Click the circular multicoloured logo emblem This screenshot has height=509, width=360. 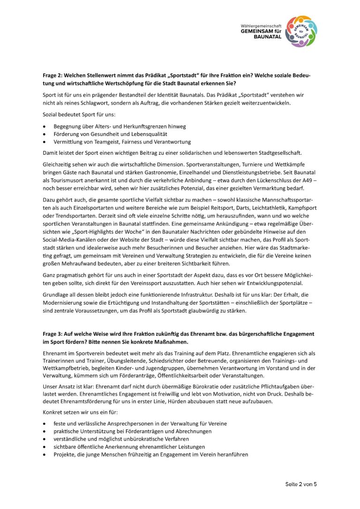(302, 31)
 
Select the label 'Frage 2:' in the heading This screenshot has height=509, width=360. (54, 75)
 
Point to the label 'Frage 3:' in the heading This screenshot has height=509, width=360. (54, 333)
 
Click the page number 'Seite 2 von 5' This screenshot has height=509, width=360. (301, 484)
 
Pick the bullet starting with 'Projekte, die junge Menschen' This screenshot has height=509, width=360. (150, 454)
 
